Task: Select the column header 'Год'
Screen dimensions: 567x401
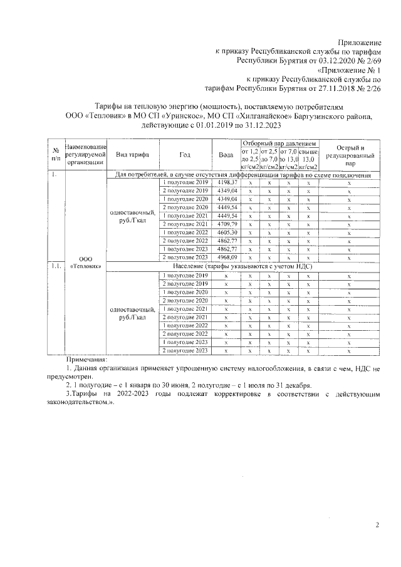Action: [x=185, y=155]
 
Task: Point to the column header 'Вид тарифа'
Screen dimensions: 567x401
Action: [x=132, y=155]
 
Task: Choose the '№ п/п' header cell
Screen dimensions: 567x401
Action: [x=55, y=155]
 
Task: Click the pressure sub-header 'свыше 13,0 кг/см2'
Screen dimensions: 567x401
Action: [x=309, y=160]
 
